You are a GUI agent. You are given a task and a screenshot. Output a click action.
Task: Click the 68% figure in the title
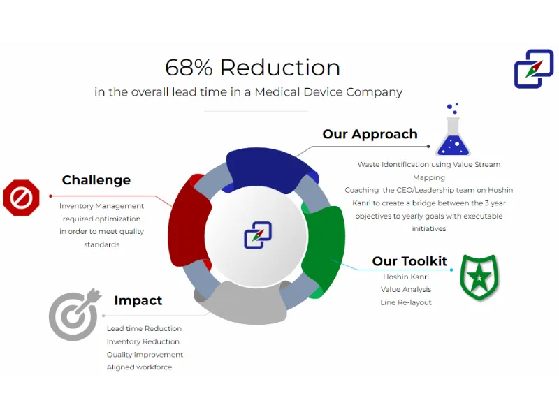pyautogui.click(x=189, y=67)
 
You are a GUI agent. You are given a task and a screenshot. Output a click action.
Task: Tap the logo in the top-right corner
pyautogui.click(x=534, y=68)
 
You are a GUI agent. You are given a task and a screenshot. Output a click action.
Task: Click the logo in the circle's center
pyautogui.click(x=258, y=235)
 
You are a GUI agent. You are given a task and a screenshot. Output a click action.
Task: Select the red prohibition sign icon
pyautogui.click(x=21, y=198)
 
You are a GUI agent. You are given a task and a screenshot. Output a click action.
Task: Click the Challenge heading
pyautogui.click(x=96, y=180)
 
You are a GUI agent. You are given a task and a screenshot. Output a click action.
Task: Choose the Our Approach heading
pyautogui.click(x=370, y=134)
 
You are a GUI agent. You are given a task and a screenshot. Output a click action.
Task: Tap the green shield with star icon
pyautogui.click(x=479, y=277)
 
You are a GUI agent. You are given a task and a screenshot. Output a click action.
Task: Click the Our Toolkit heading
pyautogui.click(x=409, y=260)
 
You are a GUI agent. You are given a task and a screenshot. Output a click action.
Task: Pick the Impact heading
pyautogui.click(x=138, y=300)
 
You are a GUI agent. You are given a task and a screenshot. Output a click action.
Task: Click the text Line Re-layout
pyautogui.click(x=406, y=302)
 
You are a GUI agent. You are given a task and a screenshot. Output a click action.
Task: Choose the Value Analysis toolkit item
pyautogui.click(x=406, y=289)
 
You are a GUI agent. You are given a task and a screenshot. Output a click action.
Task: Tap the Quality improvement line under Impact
pyautogui.click(x=145, y=355)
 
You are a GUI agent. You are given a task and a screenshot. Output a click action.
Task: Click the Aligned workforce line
pyautogui.click(x=139, y=367)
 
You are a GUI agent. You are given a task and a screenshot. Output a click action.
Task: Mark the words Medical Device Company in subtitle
pyautogui.click(x=328, y=92)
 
